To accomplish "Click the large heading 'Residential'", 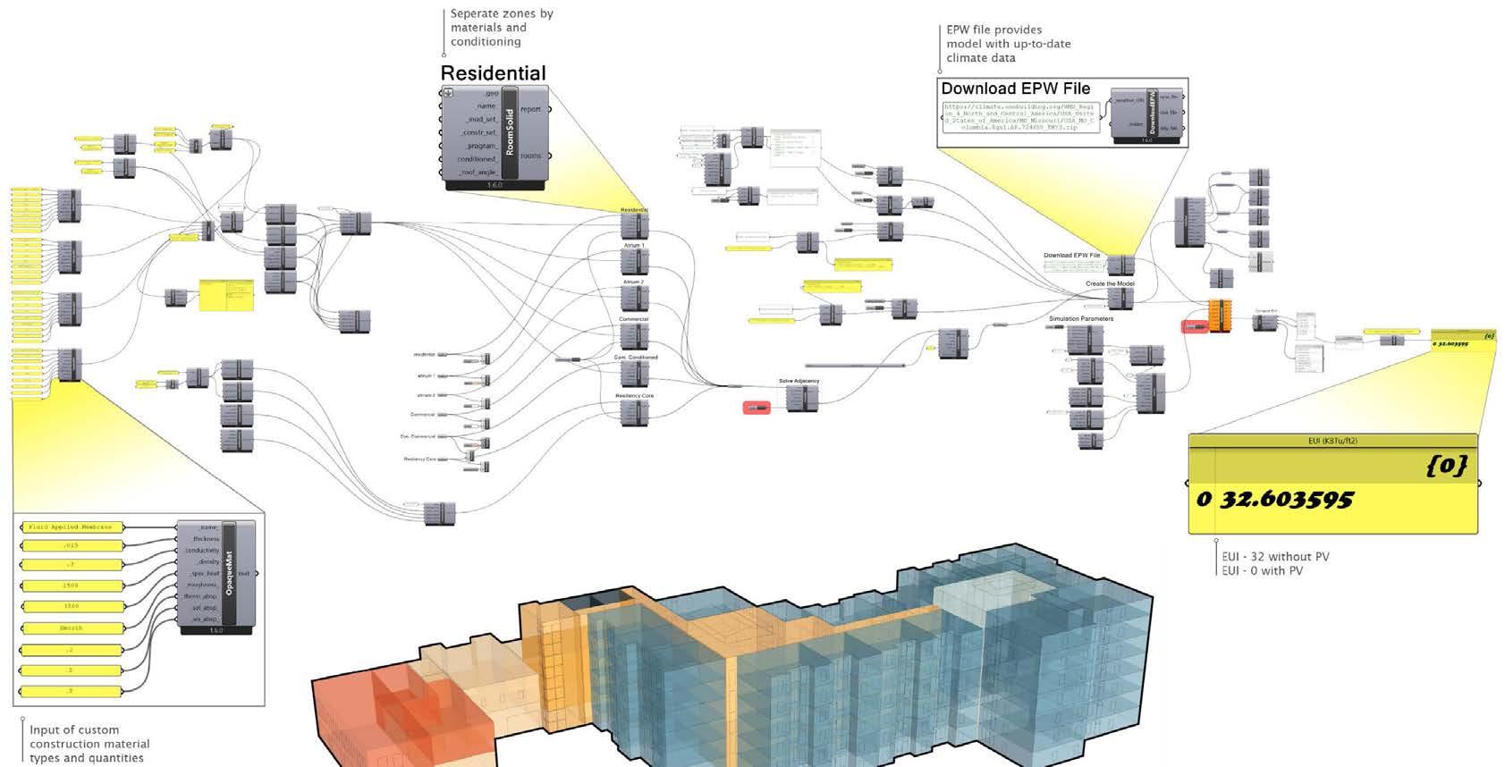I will point(493,73).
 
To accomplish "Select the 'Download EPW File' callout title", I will point(1015,88).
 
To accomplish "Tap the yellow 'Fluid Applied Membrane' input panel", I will point(71,527).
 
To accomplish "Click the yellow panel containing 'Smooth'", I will point(71,628).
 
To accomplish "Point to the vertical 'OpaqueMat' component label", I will point(229,573).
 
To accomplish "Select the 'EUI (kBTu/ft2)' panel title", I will point(1332,441).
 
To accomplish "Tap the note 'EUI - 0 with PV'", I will point(1262,570).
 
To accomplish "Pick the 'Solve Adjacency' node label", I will point(799,381).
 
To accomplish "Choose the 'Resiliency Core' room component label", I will point(634,395).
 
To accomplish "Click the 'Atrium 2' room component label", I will point(633,282).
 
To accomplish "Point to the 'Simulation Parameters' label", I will point(1081,318).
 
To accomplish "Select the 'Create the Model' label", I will point(1110,283).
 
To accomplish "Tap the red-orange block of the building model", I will point(402,706).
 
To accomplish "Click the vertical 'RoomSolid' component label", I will point(510,132).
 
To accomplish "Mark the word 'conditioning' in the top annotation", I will point(486,42).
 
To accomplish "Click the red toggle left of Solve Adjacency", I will point(756,409).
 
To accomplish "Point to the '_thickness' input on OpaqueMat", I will point(205,539).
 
